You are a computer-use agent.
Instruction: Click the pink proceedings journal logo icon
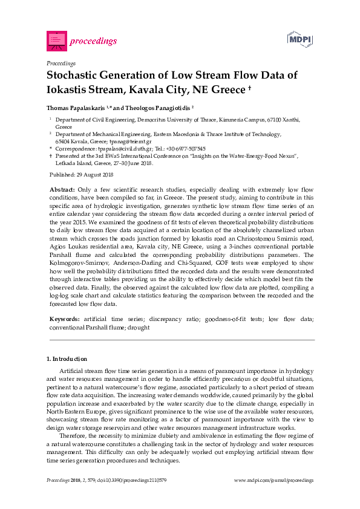tap(56, 41)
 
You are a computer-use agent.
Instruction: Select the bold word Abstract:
tap(62, 190)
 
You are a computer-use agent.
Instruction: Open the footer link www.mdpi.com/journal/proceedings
tap(273, 480)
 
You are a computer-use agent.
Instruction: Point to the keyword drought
tap(140, 327)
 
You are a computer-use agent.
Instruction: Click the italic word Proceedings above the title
tap(61, 63)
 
